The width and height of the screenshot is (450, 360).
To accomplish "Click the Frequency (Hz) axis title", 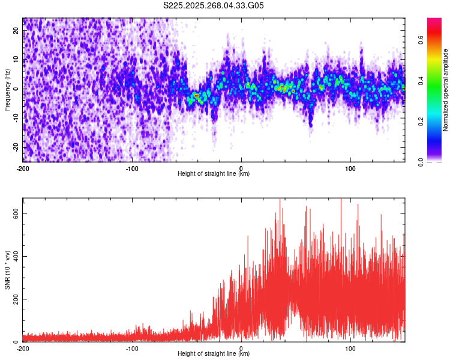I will click(x=8, y=89).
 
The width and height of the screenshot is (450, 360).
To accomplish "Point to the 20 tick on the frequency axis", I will click(x=16, y=31).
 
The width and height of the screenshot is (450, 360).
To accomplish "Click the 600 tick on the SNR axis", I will click(x=13, y=214).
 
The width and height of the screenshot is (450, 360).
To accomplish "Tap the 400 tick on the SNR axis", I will click(x=13, y=256).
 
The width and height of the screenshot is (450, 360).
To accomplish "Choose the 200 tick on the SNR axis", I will click(x=13, y=299).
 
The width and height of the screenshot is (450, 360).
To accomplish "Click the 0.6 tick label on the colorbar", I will click(x=421, y=40).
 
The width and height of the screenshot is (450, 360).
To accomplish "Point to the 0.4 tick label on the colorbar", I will click(x=421, y=80).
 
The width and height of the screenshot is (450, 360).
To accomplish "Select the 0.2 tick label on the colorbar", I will click(x=421, y=121).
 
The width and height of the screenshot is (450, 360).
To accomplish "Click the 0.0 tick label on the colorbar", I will click(x=421, y=161).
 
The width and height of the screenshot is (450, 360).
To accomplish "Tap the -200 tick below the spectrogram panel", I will click(x=23, y=168).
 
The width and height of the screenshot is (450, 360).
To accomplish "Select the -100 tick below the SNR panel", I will click(x=132, y=348).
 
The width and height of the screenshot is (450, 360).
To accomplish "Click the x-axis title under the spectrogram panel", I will click(x=214, y=174).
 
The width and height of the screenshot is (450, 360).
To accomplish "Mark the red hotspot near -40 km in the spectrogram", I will click(x=196, y=95).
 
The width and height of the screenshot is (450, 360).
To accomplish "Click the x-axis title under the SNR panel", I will click(x=214, y=354).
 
